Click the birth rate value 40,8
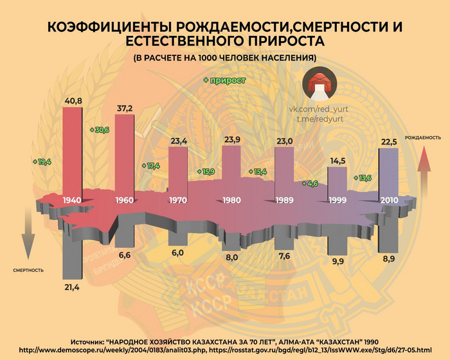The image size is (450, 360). point(71,100)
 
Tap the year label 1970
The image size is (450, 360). point(177,200)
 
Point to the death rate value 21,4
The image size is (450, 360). point(71,287)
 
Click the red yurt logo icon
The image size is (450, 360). point(318,87)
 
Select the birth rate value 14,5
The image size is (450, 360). point(337,160)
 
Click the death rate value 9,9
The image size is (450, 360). point(337,261)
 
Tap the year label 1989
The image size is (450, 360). point(284,200)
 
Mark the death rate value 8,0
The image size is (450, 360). point(231,257)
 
